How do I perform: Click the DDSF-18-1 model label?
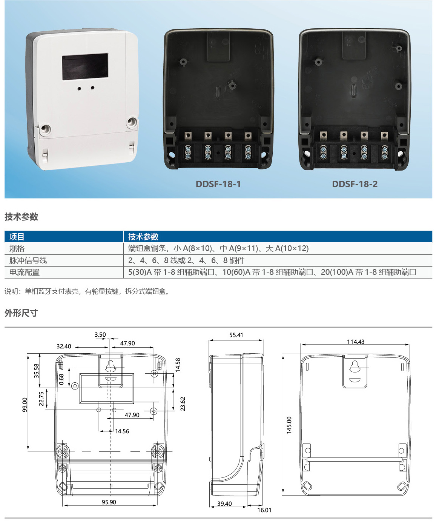click(x=218, y=184)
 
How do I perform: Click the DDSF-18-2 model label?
click(x=355, y=184)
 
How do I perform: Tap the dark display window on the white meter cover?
click(x=85, y=66)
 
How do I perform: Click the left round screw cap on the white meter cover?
click(x=45, y=129)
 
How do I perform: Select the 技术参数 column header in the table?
click(x=143, y=237)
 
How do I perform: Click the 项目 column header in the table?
click(x=17, y=237)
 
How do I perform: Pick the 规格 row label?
click(x=17, y=248)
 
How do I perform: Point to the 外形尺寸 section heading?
click(x=21, y=313)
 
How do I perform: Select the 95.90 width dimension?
click(x=109, y=502)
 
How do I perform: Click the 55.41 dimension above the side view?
click(x=236, y=335)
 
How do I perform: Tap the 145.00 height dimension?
click(x=289, y=425)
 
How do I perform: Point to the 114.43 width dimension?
click(x=355, y=342)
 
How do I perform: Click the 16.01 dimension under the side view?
click(x=264, y=510)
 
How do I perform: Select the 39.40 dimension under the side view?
click(x=224, y=504)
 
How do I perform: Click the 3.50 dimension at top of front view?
click(x=100, y=335)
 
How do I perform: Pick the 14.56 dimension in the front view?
click(x=122, y=431)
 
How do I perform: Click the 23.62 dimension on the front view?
click(x=183, y=403)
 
